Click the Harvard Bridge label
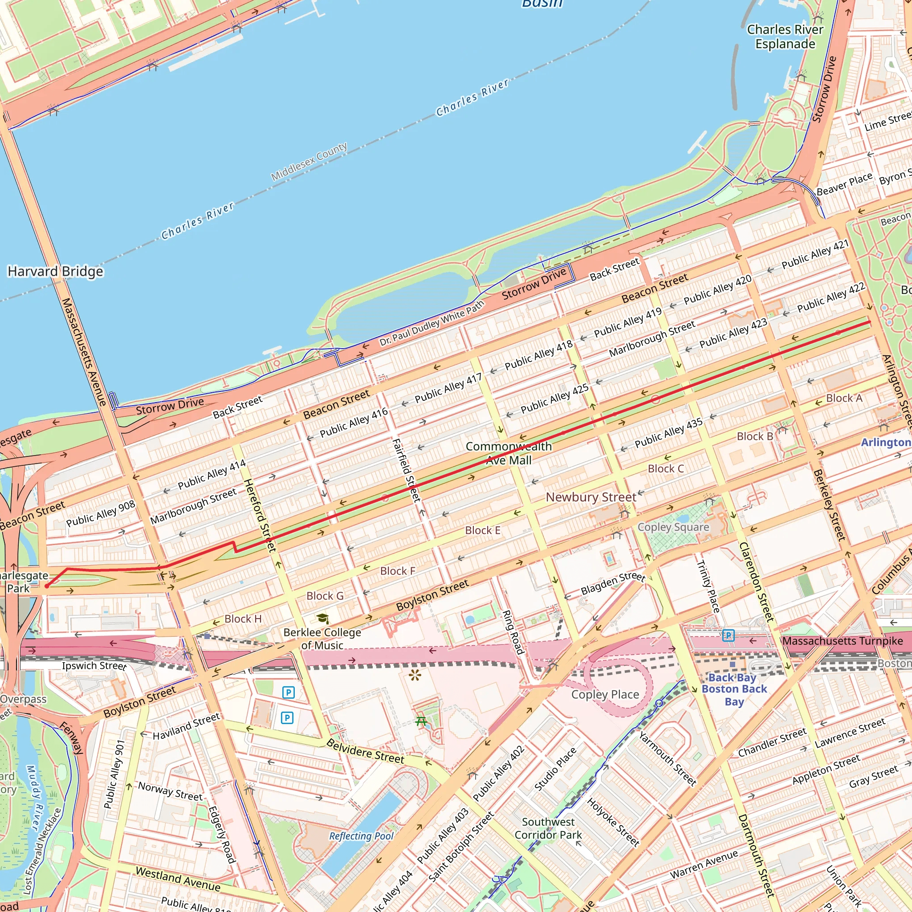[55, 272]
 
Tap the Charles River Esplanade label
[785, 37]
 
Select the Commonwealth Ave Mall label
[509, 453]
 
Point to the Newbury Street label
[590, 497]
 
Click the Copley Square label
[673, 527]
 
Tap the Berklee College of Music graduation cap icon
[322, 619]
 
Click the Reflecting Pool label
[361, 836]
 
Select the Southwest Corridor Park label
[548, 828]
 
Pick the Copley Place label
[605, 694]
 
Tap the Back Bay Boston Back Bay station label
[734, 689]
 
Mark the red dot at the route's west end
[47, 586]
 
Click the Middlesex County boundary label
[309, 162]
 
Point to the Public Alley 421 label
[815, 254]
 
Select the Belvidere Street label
[365, 752]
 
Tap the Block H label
[243, 619]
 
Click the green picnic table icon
[421, 721]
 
